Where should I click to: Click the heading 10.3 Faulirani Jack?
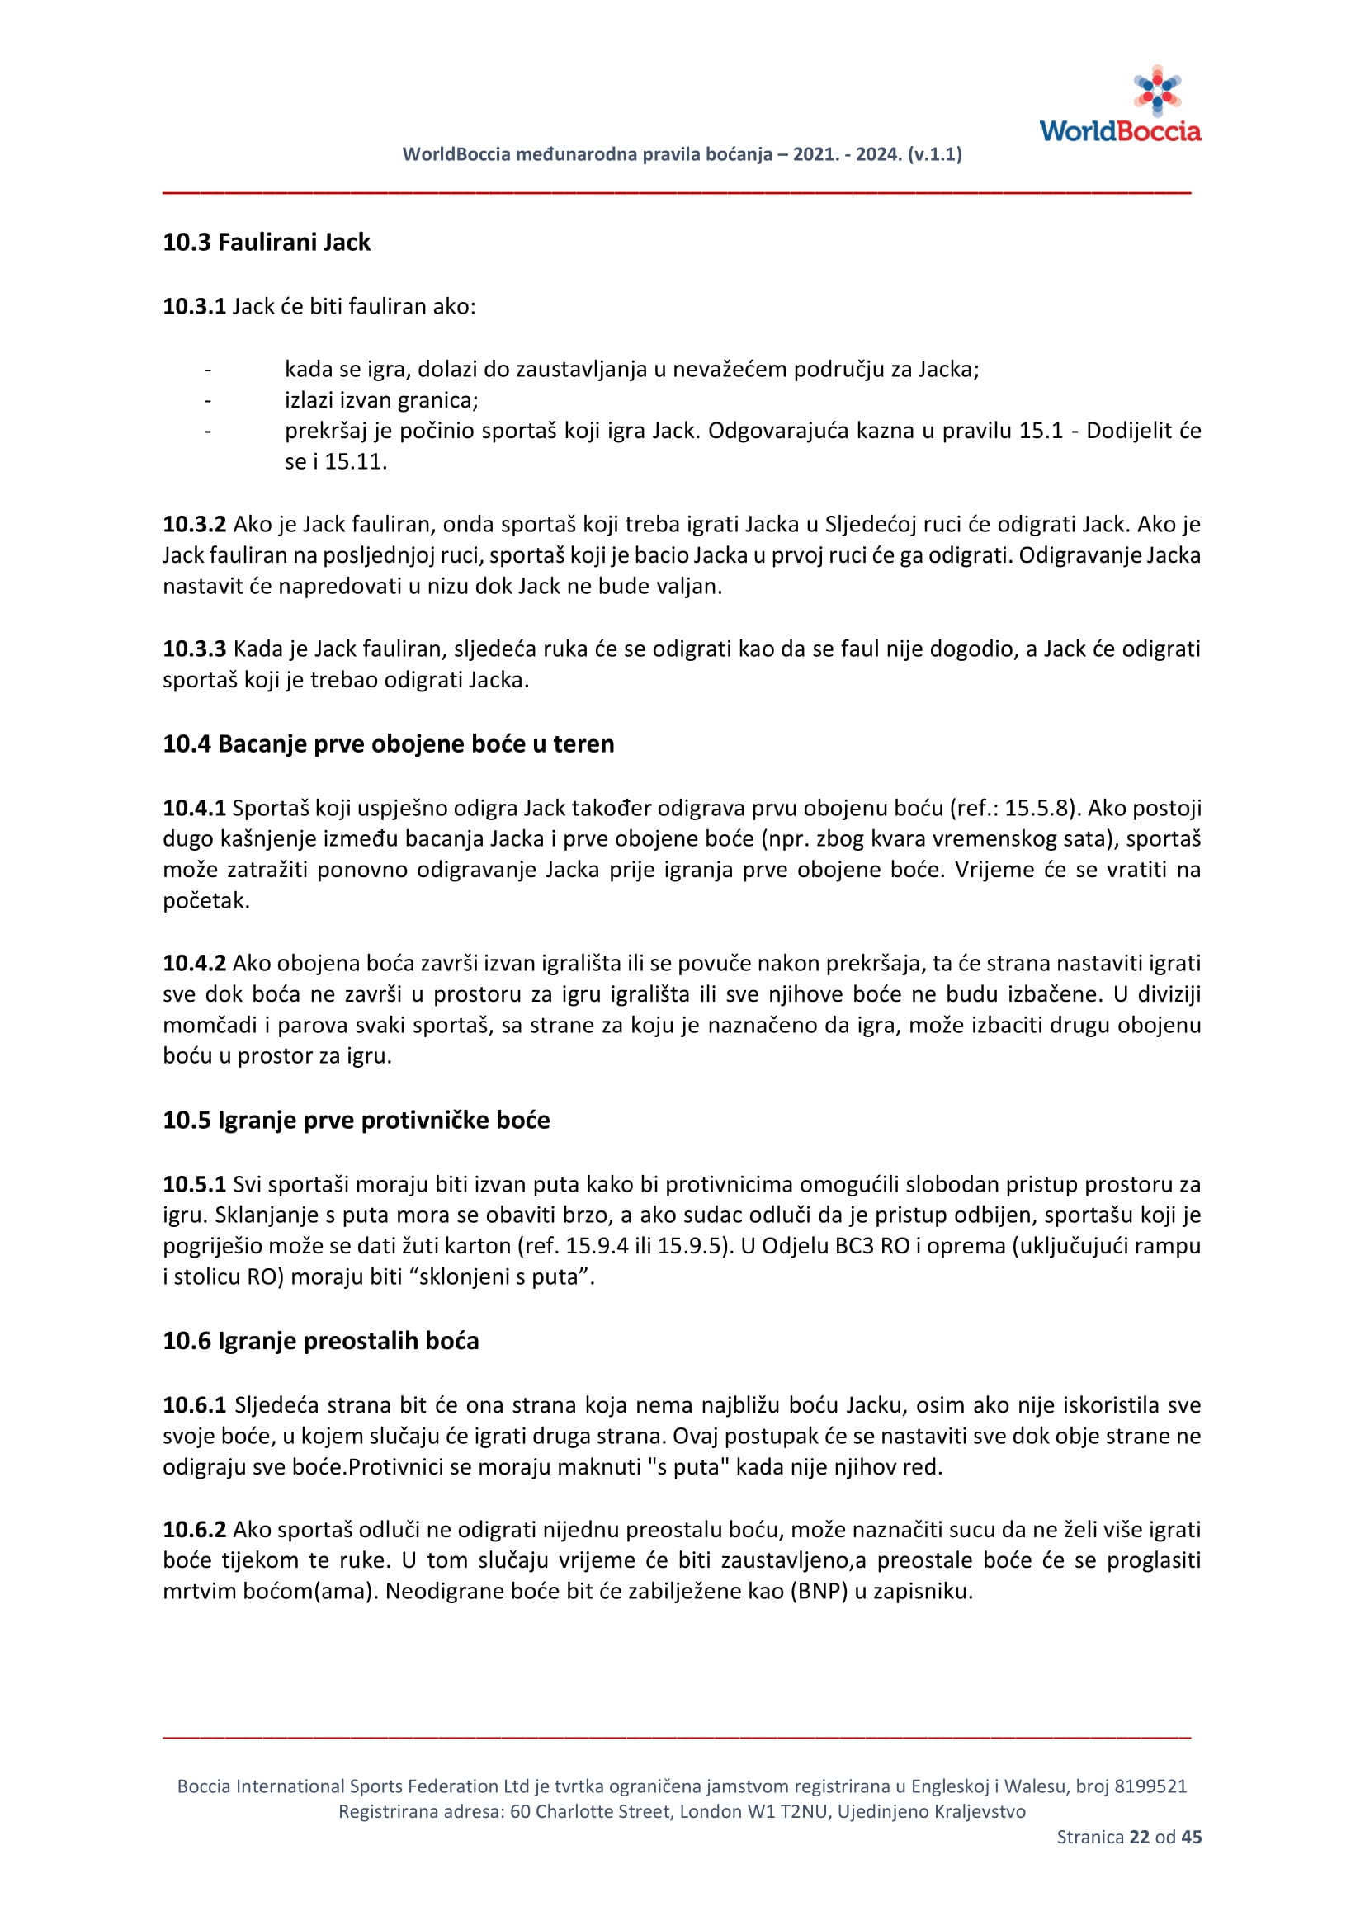[x=267, y=242]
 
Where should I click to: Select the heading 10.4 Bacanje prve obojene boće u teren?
[x=389, y=744]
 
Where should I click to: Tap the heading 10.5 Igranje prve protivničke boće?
[x=357, y=1120]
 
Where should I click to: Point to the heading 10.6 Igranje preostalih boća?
[x=321, y=1340]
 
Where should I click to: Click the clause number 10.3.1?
[x=194, y=306]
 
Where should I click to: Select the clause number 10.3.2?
[x=194, y=525]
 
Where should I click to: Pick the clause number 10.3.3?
[x=194, y=649]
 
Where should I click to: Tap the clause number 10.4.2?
[x=194, y=963]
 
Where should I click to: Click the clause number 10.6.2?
[x=194, y=1530]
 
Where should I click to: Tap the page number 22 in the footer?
[x=1139, y=1837]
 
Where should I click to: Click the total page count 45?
[x=1191, y=1837]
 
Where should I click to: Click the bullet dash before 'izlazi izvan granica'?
[x=208, y=400]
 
